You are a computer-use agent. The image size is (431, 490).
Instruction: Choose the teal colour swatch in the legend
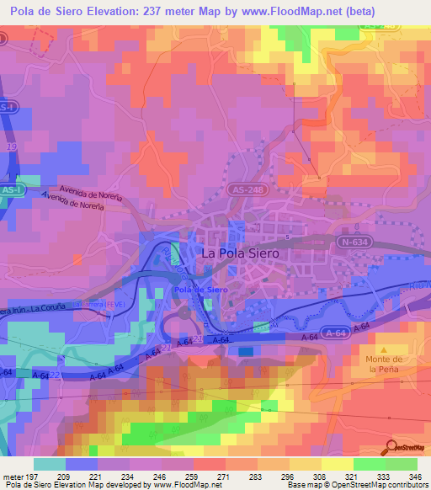50,464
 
